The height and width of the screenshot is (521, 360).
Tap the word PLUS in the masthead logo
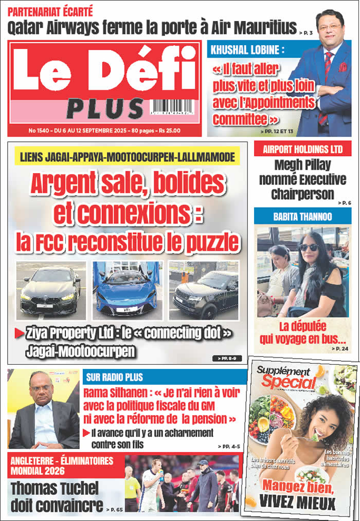click(x=105, y=108)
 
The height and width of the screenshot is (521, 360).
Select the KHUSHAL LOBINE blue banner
click(x=247, y=50)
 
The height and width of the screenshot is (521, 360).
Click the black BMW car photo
click(x=51, y=291)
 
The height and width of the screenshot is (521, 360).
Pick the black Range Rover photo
click(x=204, y=291)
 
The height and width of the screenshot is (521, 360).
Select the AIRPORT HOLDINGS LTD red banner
click(x=302, y=150)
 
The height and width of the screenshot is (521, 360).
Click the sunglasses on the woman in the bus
click(x=309, y=247)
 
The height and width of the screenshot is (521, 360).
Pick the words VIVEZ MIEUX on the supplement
click(x=301, y=500)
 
